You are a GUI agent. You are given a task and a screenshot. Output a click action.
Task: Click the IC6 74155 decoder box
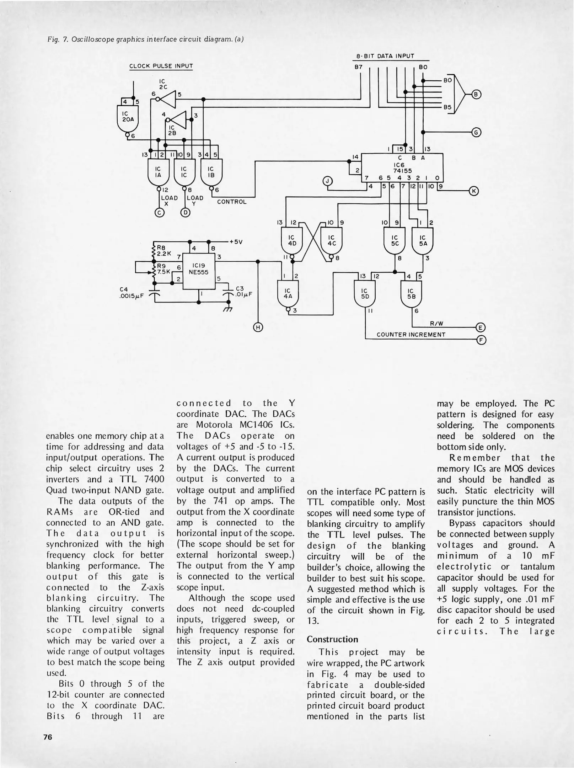point(402,167)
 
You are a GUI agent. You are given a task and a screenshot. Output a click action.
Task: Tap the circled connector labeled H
point(258,327)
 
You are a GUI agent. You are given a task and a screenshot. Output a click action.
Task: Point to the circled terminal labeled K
point(474,191)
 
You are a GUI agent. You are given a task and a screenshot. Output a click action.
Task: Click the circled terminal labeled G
point(476,133)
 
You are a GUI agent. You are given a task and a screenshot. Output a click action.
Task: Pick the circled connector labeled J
point(328,181)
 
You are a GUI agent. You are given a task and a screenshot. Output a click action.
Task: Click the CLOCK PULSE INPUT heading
point(161,66)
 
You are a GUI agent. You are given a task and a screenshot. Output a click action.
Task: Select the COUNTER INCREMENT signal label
point(411,335)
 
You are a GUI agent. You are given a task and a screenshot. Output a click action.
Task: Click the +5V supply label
point(236,242)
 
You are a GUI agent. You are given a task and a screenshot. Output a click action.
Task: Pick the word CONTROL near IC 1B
point(232,202)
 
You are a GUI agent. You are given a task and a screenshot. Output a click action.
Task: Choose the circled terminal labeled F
point(481,340)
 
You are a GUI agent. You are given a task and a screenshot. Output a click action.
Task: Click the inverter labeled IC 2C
point(168,99)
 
